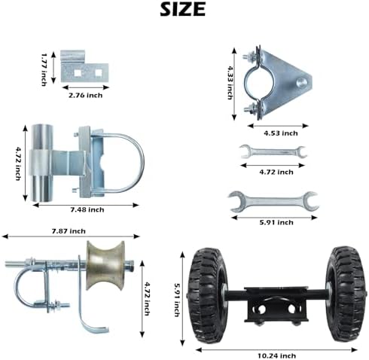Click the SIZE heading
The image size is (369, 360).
(183, 10)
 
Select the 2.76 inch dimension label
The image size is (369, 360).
(86, 96)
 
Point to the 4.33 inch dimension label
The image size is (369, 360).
(230, 83)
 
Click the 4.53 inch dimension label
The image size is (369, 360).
(281, 133)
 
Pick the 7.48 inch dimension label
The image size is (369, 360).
(87, 209)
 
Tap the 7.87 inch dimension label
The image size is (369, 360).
(69, 231)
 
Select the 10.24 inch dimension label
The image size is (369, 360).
(276, 355)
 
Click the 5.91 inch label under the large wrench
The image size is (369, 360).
(276, 222)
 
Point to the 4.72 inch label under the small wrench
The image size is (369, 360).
(276, 172)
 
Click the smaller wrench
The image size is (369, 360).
(273, 151)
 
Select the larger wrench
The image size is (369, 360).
(273, 201)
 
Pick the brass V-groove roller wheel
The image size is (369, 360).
(105, 265)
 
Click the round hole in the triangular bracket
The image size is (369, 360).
(301, 82)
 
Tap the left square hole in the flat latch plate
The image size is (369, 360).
(78, 73)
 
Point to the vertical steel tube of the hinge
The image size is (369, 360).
(42, 163)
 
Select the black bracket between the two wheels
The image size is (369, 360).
(276, 305)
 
